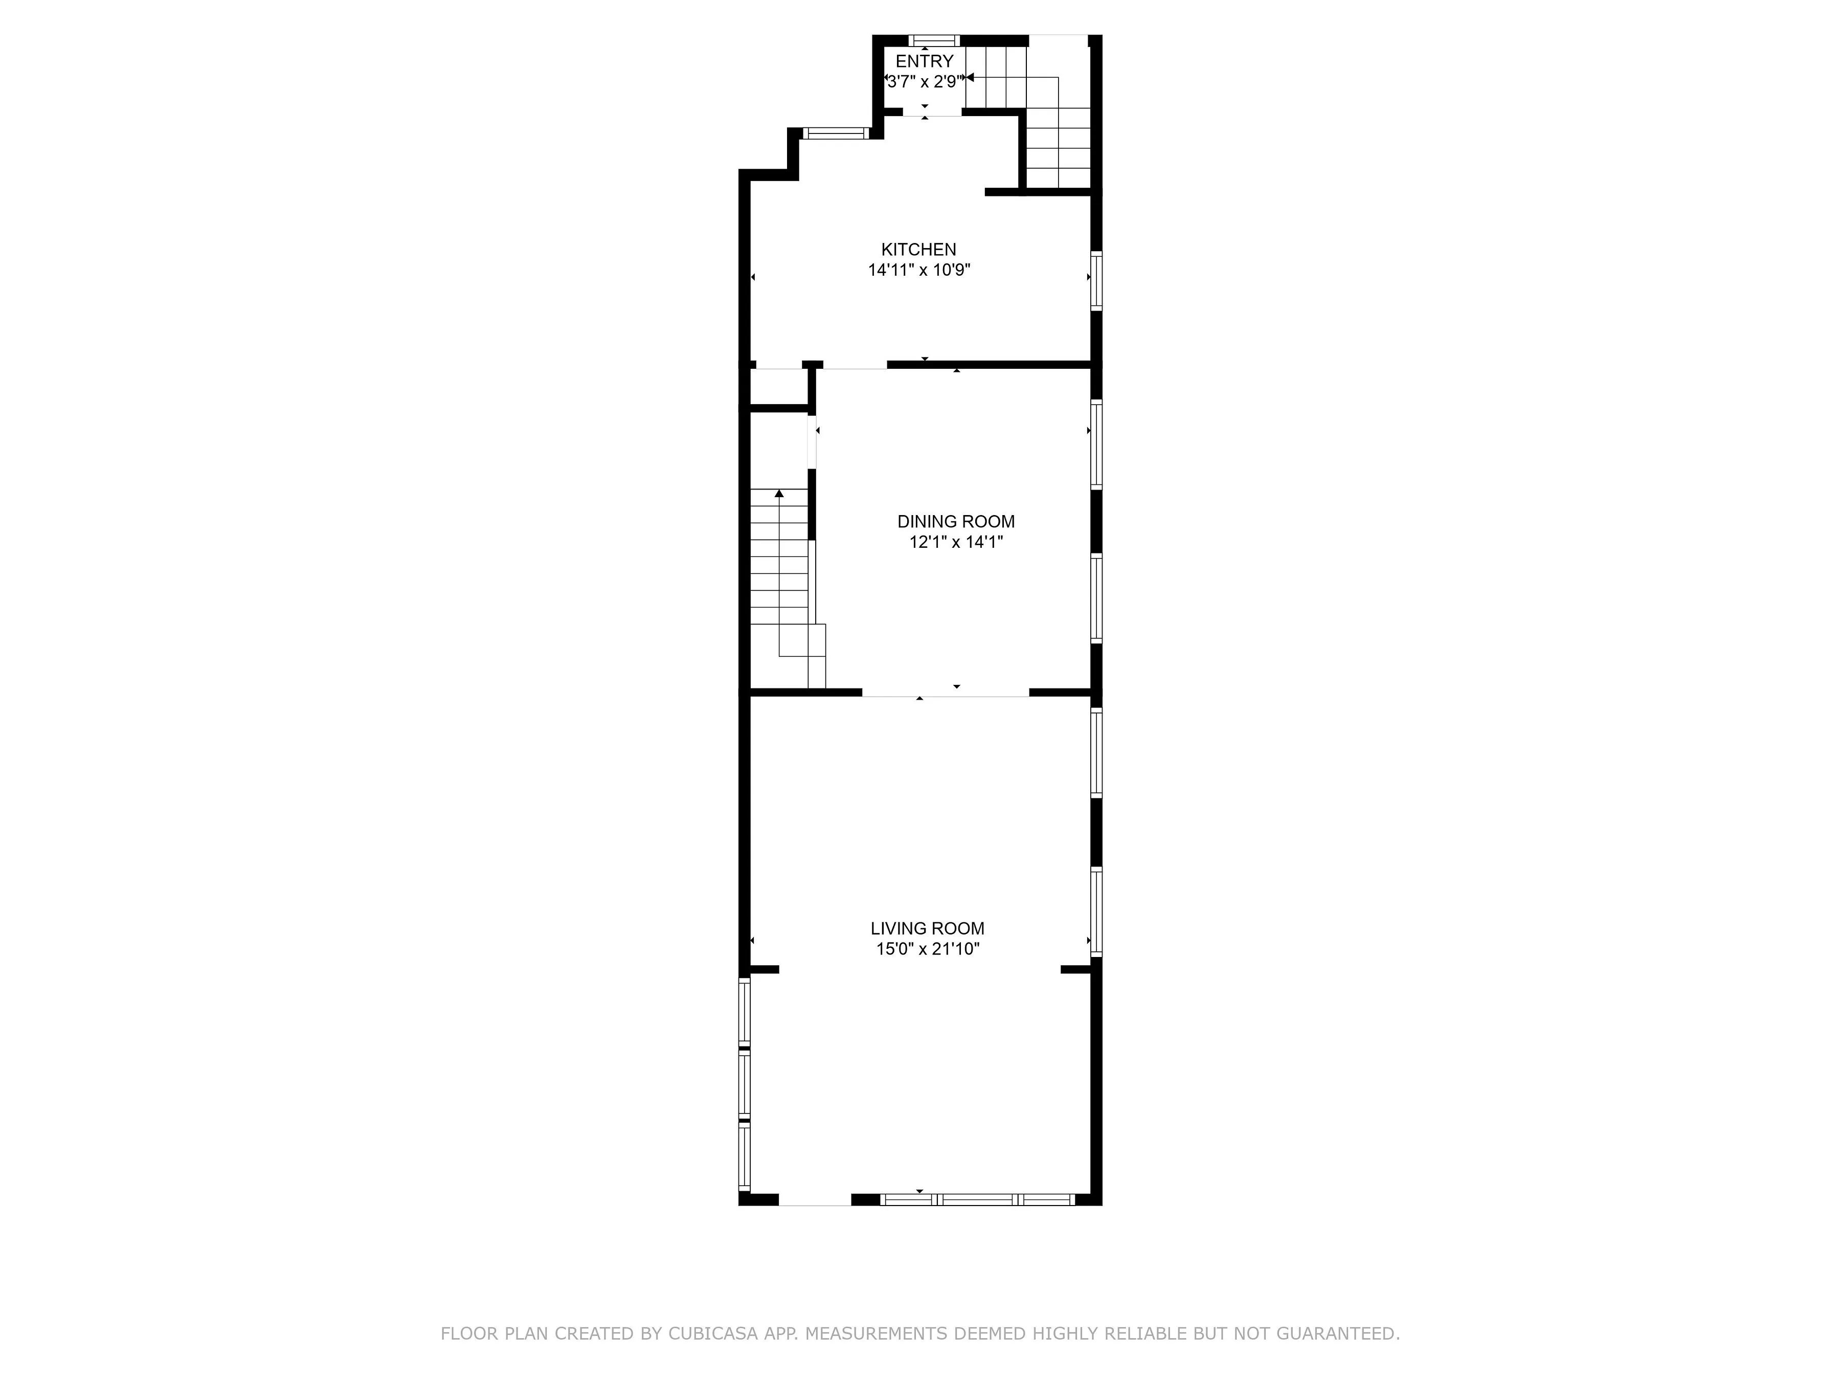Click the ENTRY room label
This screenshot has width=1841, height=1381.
pos(924,61)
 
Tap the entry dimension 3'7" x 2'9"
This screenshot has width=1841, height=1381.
pos(924,81)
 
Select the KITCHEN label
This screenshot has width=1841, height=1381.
pos(919,249)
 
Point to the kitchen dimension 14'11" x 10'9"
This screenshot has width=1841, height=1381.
pos(919,270)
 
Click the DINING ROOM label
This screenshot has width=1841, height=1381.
pos(955,521)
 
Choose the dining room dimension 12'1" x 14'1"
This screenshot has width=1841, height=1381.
pos(955,542)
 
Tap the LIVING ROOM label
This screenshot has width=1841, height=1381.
pos(927,928)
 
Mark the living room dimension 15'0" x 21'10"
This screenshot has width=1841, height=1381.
pos(927,949)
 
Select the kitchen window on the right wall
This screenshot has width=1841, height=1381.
pos(1096,280)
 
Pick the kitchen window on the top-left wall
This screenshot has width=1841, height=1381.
pos(836,132)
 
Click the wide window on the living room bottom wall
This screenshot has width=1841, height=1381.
pos(978,1199)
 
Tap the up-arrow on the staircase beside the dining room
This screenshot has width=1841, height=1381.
pos(779,494)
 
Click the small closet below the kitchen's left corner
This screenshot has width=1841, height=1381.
pos(779,387)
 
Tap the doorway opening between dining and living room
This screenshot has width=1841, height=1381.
pos(946,693)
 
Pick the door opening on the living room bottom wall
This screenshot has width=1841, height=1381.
pos(815,1199)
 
